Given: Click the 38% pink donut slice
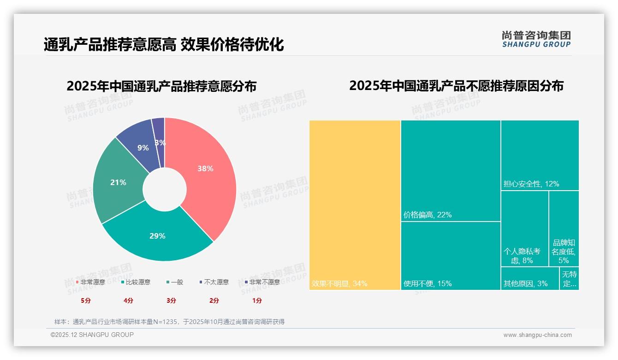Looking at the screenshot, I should [205, 169].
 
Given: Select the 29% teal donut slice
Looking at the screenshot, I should [157, 236].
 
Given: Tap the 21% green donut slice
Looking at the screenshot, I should [118, 182].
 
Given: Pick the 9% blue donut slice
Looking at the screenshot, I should [143, 148].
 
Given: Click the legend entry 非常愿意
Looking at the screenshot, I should [90, 282].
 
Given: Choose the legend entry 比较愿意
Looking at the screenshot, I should [136, 282].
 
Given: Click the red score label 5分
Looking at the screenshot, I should [86, 300].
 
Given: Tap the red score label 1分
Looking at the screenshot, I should [257, 300].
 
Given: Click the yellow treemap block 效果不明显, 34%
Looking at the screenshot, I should [355, 205].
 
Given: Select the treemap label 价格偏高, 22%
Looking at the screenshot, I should [428, 215].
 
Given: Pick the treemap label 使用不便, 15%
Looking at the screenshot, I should [428, 283].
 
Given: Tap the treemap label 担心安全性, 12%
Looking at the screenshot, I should [531, 184].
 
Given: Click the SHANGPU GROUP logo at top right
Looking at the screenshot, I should [536, 39].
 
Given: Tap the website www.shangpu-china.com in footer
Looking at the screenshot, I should [537, 335].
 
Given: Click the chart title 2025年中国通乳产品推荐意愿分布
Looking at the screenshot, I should [161, 86].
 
